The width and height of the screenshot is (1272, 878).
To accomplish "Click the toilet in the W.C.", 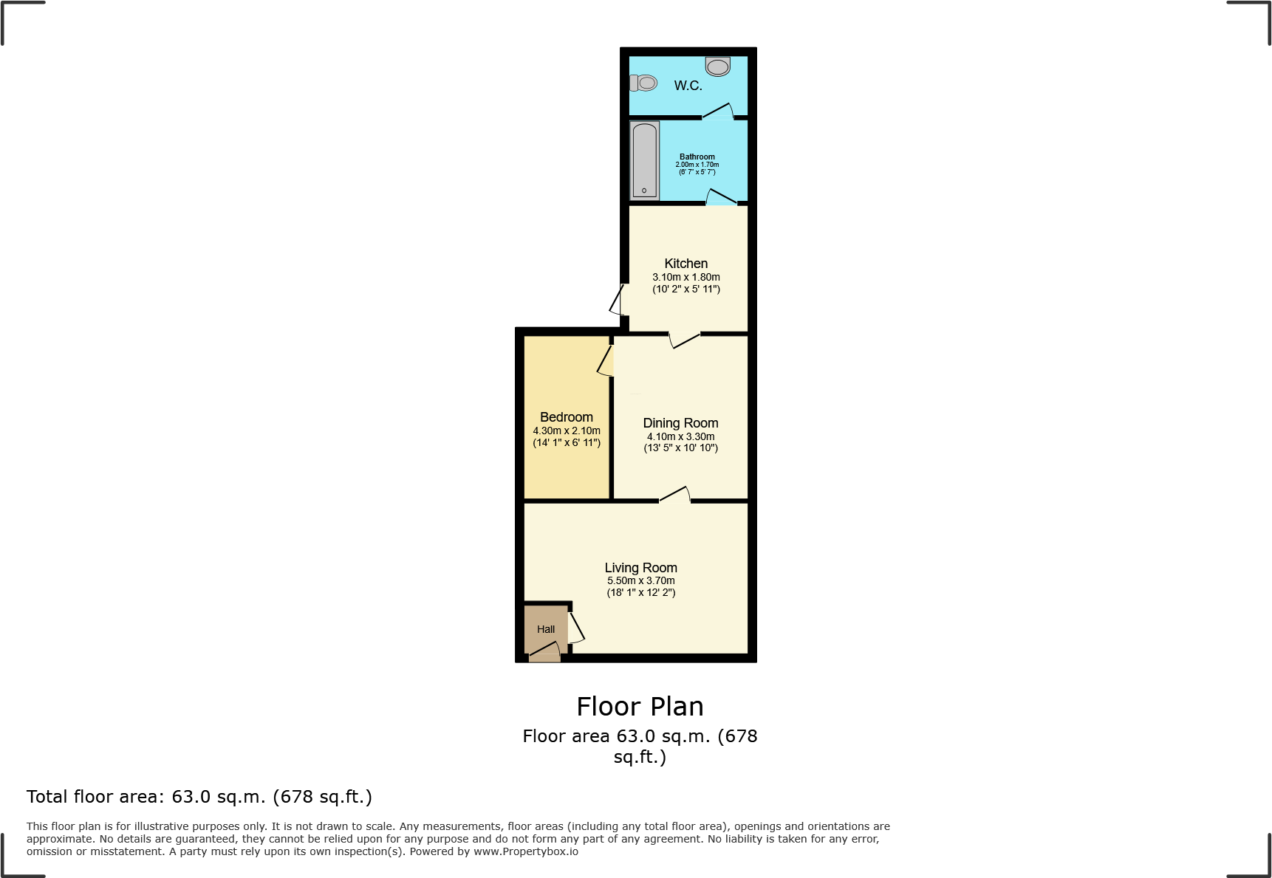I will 644,83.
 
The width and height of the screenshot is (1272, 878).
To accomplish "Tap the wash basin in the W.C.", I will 717,66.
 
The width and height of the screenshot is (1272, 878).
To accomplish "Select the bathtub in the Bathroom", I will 644,161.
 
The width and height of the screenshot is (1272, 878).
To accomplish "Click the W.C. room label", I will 688,86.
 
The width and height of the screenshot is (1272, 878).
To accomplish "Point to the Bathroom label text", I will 697,157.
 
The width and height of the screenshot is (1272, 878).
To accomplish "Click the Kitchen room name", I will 685,264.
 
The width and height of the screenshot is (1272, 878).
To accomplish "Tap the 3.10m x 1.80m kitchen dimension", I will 685,277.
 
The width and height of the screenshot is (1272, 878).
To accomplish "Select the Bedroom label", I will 566,417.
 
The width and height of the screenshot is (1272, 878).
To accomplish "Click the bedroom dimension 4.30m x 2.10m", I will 566,431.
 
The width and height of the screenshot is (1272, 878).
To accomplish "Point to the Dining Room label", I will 680,423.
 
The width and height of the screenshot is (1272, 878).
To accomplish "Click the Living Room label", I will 640,568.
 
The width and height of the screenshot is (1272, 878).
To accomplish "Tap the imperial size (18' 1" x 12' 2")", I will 640,592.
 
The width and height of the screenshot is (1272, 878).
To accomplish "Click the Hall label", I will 546,629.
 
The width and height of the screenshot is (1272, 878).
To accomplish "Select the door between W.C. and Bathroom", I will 717,112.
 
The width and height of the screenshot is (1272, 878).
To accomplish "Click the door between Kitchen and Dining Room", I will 685,340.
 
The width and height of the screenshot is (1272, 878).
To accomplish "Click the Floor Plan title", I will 640,707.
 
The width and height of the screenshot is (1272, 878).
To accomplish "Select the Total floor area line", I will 199,797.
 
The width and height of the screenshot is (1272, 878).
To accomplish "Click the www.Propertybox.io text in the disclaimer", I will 525,851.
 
